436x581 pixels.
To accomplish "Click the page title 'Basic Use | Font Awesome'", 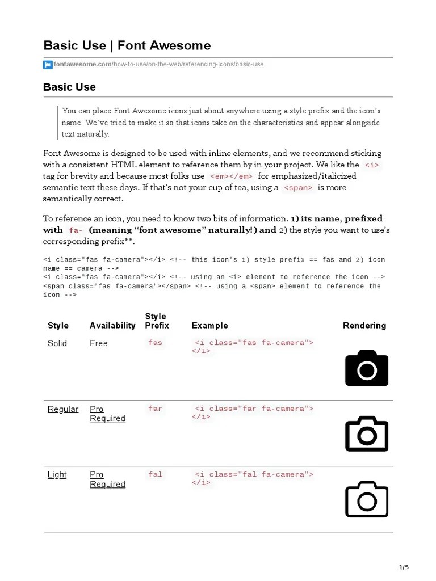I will tap(127, 45).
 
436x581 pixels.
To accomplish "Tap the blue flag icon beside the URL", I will tap(48, 65).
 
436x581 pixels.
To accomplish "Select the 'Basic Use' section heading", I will tap(69, 87).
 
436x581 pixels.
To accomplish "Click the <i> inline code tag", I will tap(372, 165).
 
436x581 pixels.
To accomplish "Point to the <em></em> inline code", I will tap(231, 176).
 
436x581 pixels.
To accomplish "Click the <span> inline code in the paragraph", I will tap(298, 188).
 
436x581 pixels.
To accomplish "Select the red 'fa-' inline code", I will tap(76, 230).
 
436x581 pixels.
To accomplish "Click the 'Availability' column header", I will tap(112, 326).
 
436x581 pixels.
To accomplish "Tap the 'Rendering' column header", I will tap(364, 326).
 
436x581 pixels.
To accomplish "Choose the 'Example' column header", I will tap(209, 326).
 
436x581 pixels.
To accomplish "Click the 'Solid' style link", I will tap(57, 343).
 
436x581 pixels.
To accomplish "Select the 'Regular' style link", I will tap(63, 409).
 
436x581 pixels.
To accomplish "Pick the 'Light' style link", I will tap(57, 475).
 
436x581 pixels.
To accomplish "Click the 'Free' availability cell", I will tap(99, 343).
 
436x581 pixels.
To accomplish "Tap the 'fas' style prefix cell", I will tap(155, 343).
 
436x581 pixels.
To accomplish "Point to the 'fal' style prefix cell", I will tap(155, 474).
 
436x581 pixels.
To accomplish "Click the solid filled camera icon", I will tap(367, 368).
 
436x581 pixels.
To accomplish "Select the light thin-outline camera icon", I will tap(367, 499).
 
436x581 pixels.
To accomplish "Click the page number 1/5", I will tap(404, 567).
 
